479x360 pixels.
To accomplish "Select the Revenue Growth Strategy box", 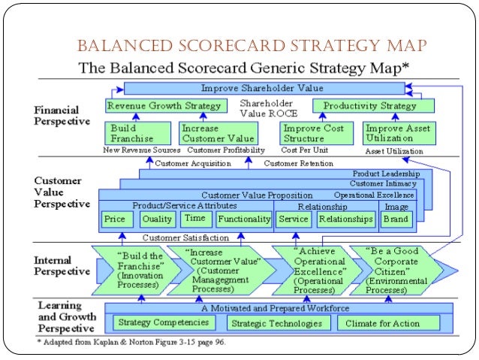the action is pyautogui.click(x=164, y=106).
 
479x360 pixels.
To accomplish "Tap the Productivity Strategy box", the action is pyautogui.click(x=364, y=106).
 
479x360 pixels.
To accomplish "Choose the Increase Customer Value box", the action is pyautogui.click(x=217, y=133).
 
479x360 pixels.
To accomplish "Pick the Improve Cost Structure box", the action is pyautogui.click(x=313, y=133).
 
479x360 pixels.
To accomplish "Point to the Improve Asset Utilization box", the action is pyautogui.click(x=397, y=133).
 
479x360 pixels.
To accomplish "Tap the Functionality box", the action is pyautogui.click(x=243, y=219).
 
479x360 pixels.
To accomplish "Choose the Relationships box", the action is pyautogui.click(x=345, y=219).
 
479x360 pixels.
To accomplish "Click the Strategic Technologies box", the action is pyautogui.click(x=277, y=324).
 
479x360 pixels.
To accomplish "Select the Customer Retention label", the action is pyautogui.click(x=298, y=163).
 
